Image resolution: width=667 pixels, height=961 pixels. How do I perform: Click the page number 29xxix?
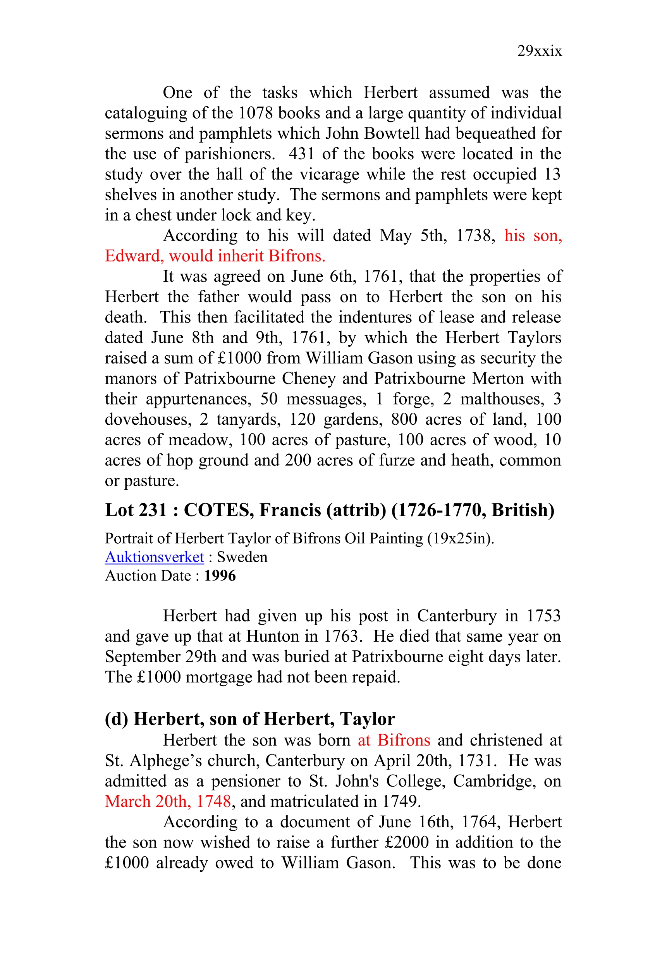(x=539, y=51)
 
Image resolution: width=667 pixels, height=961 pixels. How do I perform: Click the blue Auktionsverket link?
(x=154, y=557)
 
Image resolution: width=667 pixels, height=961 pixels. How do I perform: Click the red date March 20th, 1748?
(x=168, y=801)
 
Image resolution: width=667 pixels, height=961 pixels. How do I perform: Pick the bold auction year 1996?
(x=220, y=576)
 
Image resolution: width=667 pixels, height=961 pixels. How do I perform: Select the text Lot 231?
(x=136, y=510)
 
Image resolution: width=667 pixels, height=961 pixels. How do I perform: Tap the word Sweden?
(x=242, y=557)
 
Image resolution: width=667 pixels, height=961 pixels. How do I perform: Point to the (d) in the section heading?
(x=116, y=719)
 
